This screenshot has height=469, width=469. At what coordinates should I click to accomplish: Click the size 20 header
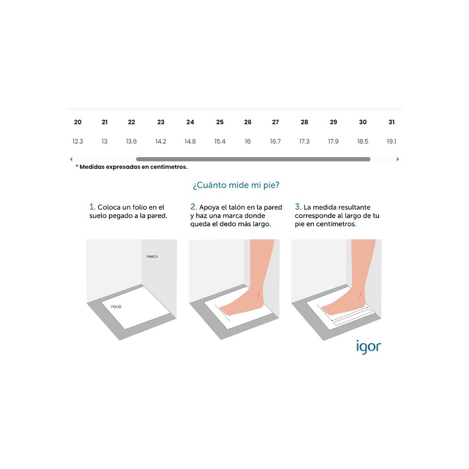(x=78, y=122)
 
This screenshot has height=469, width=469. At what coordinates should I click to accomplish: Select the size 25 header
(x=220, y=122)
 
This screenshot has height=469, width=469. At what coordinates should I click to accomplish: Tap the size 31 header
(x=392, y=122)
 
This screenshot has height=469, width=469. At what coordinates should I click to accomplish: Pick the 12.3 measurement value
(x=78, y=141)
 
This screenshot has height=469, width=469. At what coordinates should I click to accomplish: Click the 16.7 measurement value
(x=275, y=141)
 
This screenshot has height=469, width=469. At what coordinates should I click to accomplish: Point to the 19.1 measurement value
(x=392, y=141)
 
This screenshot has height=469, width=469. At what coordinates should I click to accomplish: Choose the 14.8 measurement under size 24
(x=190, y=141)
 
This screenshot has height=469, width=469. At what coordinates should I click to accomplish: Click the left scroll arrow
(x=71, y=159)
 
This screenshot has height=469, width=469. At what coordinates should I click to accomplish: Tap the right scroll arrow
(x=398, y=159)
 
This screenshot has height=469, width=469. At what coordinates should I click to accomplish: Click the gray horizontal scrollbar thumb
(x=253, y=159)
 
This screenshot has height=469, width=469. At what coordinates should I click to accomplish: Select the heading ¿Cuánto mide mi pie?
(x=236, y=185)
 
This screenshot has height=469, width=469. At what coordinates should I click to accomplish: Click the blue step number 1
(x=92, y=207)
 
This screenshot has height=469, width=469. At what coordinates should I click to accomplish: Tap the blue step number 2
(x=194, y=207)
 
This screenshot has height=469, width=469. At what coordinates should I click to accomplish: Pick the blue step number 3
(x=298, y=207)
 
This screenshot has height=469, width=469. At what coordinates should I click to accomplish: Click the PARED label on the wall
(x=152, y=257)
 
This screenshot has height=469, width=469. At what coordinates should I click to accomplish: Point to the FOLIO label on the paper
(x=116, y=307)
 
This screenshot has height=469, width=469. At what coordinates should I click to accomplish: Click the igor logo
(x=369, y=347)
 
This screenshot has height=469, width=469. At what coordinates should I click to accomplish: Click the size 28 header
(x=304, y=122)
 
